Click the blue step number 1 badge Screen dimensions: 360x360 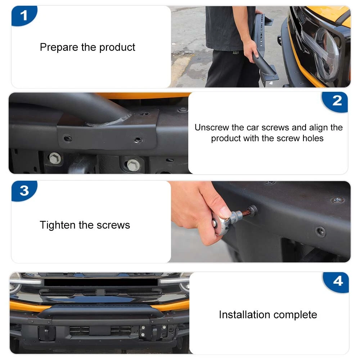[24, 15]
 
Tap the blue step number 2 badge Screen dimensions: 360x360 [336, 101]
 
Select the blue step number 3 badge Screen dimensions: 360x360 [24, 191]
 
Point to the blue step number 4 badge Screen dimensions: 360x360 [337, 282]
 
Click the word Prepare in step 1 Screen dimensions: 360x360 [59, 48]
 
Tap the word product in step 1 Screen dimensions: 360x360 [117, 48]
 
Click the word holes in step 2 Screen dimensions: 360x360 [313, 138]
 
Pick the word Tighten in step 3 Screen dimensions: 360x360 [58, 225]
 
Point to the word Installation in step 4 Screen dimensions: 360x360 [245, 315]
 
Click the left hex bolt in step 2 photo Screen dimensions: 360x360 [55, 158]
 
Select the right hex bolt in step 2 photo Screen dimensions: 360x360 [134, 165]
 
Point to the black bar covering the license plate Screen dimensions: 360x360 [101, 282]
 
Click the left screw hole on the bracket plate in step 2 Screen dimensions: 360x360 [68, 139]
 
